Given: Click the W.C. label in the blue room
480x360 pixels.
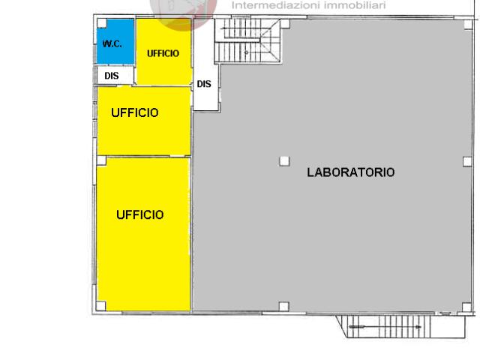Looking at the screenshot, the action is pos(112,43).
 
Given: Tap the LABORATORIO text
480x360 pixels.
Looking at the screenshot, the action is pos(351,172).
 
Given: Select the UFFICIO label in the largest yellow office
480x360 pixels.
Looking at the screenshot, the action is pos(140,215).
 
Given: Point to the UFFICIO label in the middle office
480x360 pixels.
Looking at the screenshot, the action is pos(135,113).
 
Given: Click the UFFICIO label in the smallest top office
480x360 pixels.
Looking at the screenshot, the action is pos(163,53).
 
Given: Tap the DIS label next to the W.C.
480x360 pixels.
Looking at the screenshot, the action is pos(112,76).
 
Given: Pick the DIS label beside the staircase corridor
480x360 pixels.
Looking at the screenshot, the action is pos(204,84).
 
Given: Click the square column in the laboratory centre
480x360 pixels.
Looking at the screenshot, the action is pos(284,161).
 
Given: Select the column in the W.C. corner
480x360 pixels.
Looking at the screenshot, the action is pos(102,23).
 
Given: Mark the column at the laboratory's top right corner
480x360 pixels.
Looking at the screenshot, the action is pos(468,25).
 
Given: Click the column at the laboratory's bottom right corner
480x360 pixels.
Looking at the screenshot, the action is pos(466,307).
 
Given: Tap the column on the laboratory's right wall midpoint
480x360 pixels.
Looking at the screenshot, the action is pos(467,161).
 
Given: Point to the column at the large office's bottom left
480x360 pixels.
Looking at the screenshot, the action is pos(101,306).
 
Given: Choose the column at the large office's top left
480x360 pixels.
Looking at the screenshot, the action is pos(101,160).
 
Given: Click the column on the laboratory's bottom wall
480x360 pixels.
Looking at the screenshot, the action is pos(283,307).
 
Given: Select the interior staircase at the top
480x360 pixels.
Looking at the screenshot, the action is pos(247,40).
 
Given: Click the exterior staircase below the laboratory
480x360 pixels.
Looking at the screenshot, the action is pos(401,327).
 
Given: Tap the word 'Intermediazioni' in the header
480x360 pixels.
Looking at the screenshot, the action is pos(271,5).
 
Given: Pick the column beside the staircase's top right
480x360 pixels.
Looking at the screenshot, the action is pos(285,24).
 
